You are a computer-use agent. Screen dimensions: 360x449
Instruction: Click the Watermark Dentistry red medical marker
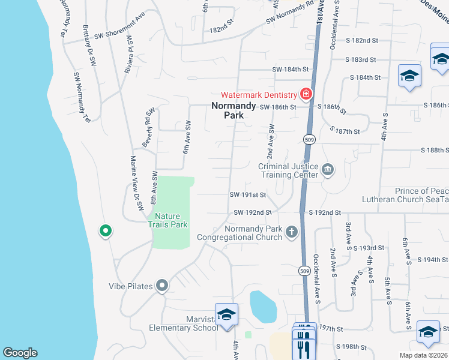tap(306, 95)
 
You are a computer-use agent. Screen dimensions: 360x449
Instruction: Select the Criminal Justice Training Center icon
tap(328, 170)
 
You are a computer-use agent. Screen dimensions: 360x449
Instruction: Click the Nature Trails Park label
tap(171, 220)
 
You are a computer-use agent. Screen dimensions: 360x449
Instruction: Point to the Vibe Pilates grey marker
tap(161, 286)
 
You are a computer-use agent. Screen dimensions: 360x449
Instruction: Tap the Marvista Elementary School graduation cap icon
tap(227, 314)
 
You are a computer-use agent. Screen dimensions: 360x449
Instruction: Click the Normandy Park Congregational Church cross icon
tap(292, 232)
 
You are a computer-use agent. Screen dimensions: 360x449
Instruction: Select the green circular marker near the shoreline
tap(105, 230)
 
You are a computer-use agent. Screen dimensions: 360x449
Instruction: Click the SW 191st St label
tap(247, 195)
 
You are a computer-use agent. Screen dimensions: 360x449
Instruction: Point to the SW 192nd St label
tap(253, 212)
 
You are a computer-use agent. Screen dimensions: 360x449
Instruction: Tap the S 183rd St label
tap(361, 59)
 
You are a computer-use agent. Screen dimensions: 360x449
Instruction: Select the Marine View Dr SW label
tap(137, 182)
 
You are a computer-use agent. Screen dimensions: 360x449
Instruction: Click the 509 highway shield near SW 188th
tap(309, 139)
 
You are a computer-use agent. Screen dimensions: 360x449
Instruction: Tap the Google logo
tap(20, 353)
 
